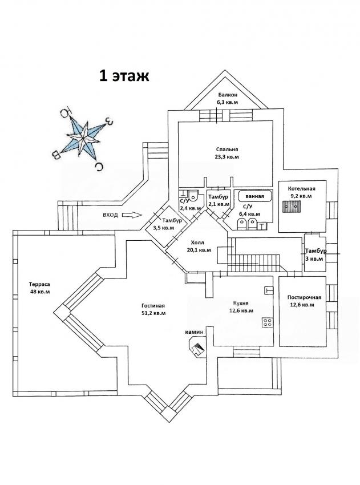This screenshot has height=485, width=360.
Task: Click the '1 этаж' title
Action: click(125, 76)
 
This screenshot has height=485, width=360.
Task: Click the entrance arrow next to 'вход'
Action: click(131, 215)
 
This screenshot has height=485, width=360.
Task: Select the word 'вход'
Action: click(110, 215)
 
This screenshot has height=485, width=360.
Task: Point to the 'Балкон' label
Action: click(227, 95)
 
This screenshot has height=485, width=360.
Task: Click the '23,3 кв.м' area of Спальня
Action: click(227, 156)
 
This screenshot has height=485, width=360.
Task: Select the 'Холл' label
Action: click(197, 242)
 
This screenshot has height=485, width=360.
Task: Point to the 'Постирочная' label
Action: click(305, 297)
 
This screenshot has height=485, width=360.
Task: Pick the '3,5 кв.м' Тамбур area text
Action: click(163, 228)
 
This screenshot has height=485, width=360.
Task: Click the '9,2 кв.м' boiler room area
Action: click(301, 196)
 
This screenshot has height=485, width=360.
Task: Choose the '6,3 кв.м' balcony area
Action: click(227, 102)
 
